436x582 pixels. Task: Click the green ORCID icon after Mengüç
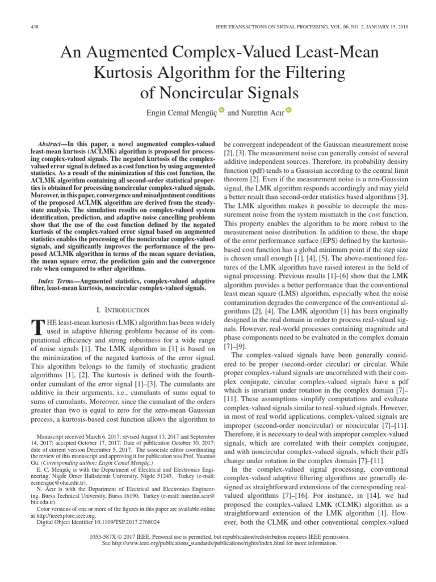[221, 110]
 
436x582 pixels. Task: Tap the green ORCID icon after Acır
[288, 110]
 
